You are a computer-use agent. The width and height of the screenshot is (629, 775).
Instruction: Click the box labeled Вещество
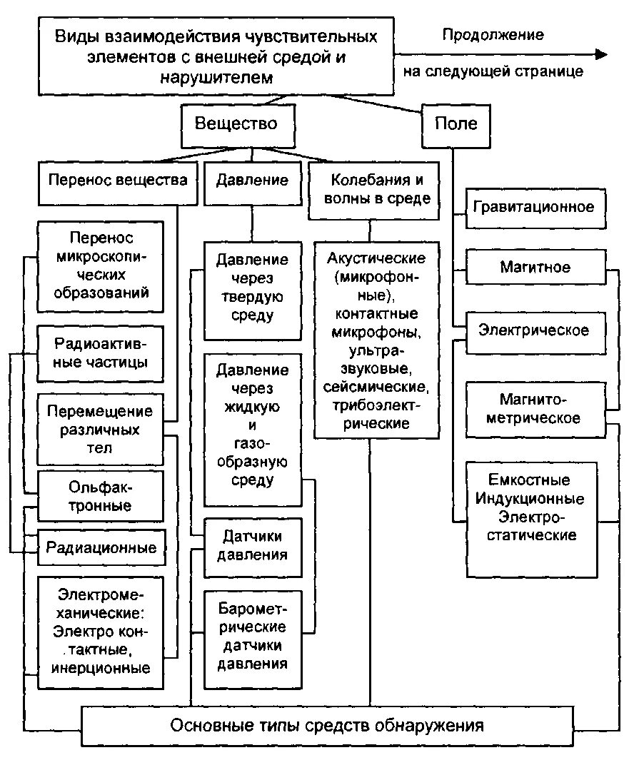click(236, 123)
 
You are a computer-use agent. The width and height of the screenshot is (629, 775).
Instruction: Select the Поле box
click(456, 123)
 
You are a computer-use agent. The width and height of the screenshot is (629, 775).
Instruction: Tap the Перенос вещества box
click(118, 180)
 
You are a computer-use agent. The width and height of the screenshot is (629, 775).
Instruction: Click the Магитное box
click(534, 268)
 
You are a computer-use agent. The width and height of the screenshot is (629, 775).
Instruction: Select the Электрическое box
click(534, 330)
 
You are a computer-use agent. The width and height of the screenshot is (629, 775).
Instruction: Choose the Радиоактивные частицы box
click(100, 353)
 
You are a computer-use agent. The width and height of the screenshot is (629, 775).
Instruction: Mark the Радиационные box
click(101, 548)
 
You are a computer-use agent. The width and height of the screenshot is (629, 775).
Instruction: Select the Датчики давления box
click(252, 546)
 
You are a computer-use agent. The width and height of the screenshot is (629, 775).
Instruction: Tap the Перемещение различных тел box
click(100, 430)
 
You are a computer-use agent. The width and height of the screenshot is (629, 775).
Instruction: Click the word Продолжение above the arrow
click(493, 34)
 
